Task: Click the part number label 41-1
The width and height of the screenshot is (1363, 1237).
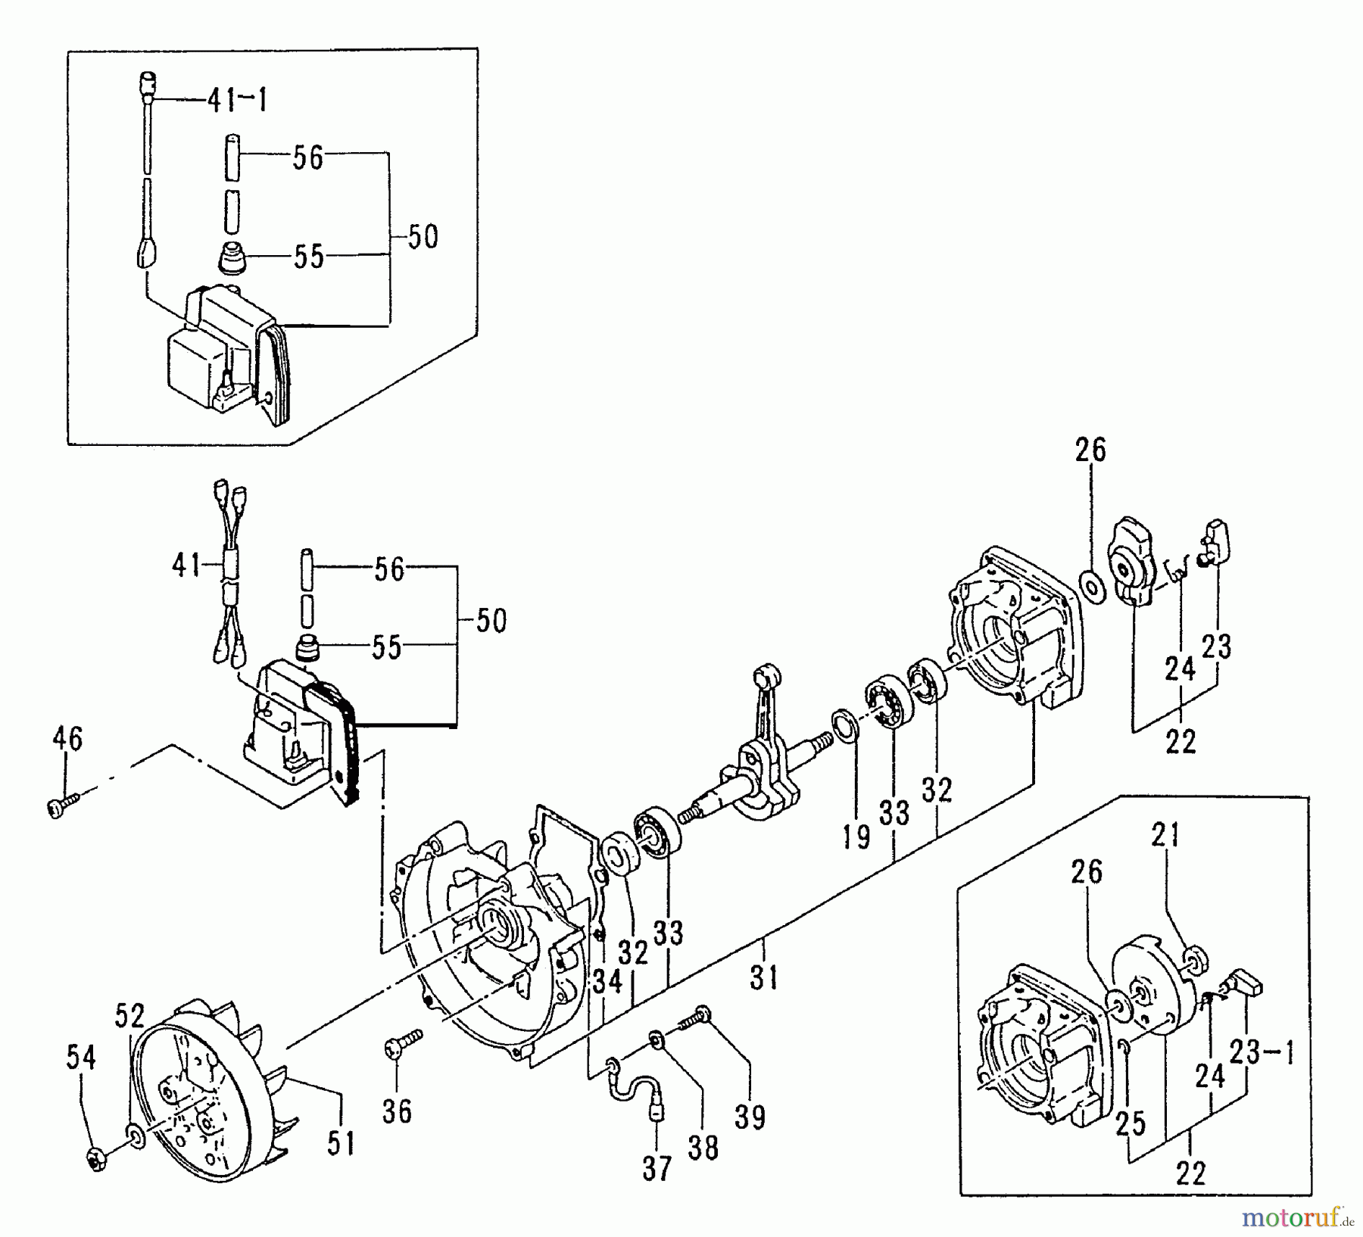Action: (237, 100)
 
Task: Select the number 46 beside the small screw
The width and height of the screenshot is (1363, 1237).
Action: (67, 739)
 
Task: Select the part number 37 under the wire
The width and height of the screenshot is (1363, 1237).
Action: (657, 1169)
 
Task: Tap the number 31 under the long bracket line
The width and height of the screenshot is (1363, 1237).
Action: (763, 977)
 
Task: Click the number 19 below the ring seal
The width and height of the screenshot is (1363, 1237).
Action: (856, 837)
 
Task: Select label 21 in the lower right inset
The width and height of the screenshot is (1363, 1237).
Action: (1165, 835)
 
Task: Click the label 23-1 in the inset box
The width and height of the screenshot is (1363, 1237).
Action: (1260, 1052)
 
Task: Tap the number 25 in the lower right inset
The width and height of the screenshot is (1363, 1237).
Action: (1129, 1123)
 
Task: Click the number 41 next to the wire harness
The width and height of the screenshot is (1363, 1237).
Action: (187, 566)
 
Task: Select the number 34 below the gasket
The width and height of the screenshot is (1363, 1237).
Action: (607, 981)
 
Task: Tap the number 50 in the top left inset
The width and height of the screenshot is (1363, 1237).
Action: (423, 237)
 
